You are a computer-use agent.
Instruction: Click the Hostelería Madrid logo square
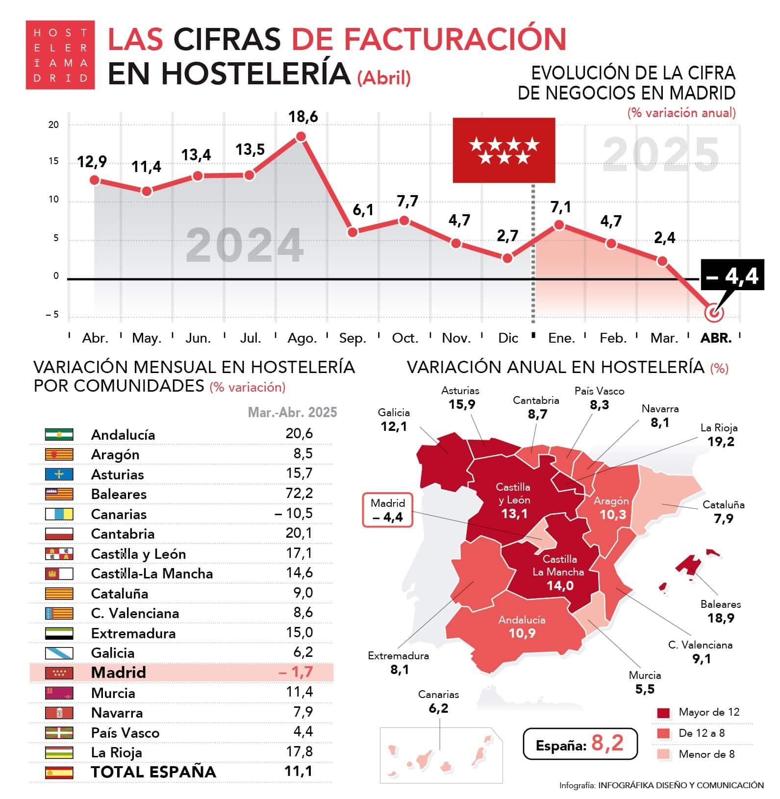tap(60, 55)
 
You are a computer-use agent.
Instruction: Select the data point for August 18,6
tap(301, 137)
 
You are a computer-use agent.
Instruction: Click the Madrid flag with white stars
tap(503, 150)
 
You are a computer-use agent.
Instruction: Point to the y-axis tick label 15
tap(53, 161)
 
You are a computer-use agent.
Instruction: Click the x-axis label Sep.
tap(352, 338)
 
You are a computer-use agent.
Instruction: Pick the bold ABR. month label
tap(716, 338)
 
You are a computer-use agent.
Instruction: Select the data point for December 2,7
tap(507, 258)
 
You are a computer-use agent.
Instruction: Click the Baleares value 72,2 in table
tap(299, 493)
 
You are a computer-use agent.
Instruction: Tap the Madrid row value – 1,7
tap(296, 672)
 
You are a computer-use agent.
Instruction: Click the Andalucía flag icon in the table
tap(59, 434)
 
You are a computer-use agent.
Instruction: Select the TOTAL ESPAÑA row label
tap(153, 772)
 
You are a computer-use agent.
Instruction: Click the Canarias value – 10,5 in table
tap(293, 513)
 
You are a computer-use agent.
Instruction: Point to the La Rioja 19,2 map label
tap(720, 435)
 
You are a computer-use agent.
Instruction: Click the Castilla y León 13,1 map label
tap(513, 500)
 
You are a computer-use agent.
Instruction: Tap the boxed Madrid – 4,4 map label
tap(387, 510)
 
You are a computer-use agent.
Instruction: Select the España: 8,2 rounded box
tap(580, 744)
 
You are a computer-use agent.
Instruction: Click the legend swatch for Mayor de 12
tap(663, 713)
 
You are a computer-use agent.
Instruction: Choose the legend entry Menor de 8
tap(706, 754)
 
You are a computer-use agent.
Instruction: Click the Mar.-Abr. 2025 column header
tap(292, 412)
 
